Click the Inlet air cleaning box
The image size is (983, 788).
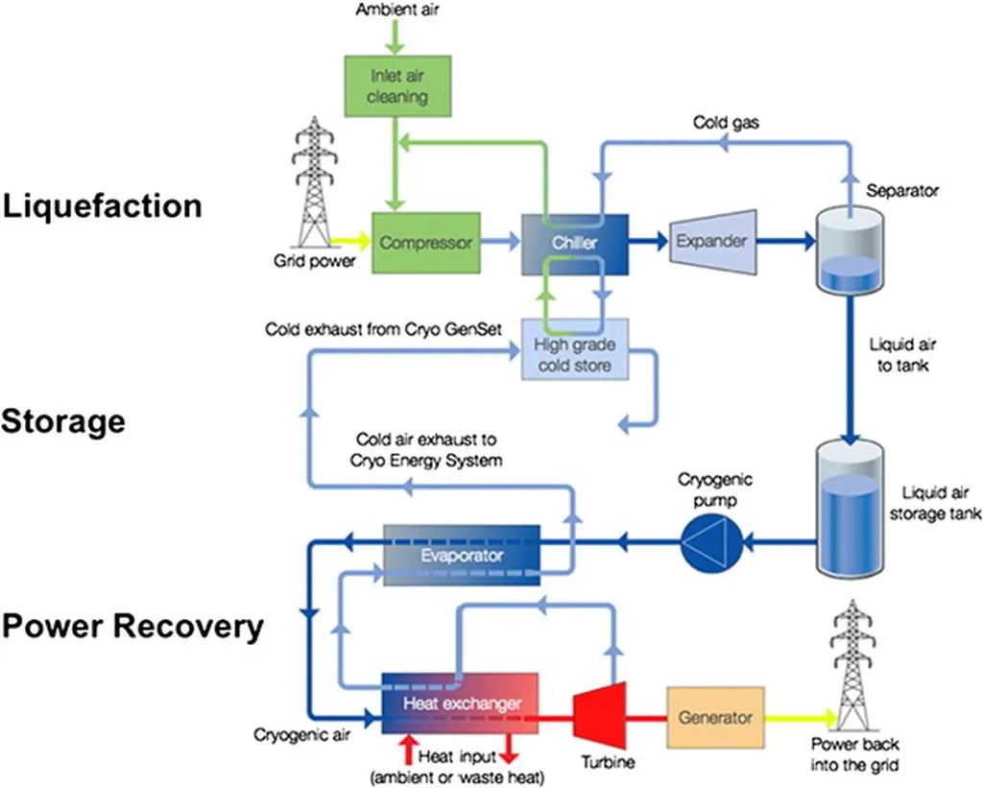[397, 85]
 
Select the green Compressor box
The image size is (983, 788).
[426, 243]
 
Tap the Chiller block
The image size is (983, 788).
[575, 244]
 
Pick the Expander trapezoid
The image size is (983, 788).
[713, 242]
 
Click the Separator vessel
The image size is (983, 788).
[850, 251]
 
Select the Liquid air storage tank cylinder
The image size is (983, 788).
[850, 509]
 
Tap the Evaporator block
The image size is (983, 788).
[462, 556]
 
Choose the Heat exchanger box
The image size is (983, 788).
[460, 704]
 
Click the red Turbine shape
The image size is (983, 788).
[600, 715]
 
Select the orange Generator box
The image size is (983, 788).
[715, 717]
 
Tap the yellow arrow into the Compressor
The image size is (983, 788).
[350, 240]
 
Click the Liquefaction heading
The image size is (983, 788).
[102, 205]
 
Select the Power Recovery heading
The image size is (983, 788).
[132, 626]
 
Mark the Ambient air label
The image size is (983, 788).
[397, 10]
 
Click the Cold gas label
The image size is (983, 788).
[726, 122]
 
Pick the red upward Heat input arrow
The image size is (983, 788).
[409, 750]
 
